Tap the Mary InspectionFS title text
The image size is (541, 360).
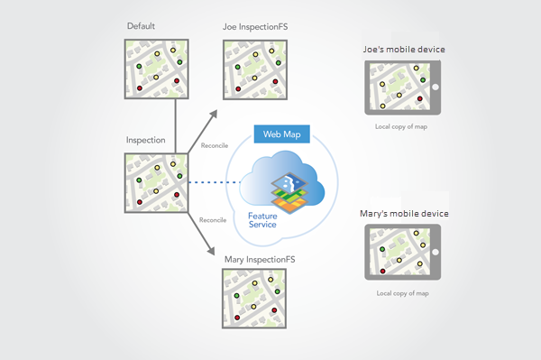(x=261, y=260)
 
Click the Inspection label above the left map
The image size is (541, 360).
(x=144, y=141)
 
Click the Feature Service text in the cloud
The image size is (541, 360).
(x=268, y=220)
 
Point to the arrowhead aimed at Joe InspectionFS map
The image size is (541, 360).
(x=213, y=114)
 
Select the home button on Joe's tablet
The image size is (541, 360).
(x=435, y=88)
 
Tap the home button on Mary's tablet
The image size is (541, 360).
(x=435, y=253)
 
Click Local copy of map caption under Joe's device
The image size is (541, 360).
(x=402, y=127)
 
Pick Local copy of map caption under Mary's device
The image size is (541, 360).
(x=402, y=293)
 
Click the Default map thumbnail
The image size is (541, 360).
(x=156, y=69)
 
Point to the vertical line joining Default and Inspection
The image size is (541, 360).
(x=174, y=125)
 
